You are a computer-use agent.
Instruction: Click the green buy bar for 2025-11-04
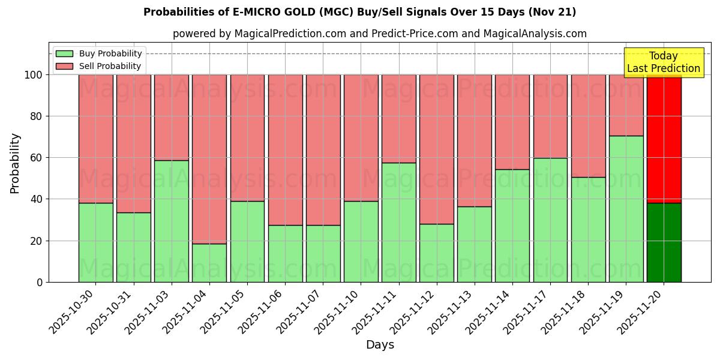coord(209,263)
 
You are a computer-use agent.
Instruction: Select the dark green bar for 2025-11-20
coord(664,242)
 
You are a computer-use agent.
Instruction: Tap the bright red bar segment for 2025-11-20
coord(664,139)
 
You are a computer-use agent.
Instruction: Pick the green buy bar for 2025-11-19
coord(626,209)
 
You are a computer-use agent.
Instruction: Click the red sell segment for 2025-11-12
coord(437,149)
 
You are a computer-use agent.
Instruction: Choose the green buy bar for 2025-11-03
coord(172,221)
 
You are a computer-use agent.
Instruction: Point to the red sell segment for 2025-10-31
coord(134,143)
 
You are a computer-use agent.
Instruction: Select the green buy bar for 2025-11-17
coord(550,220)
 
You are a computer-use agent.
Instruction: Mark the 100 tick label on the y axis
coord(33,75)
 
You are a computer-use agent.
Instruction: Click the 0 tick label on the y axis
coord(40,282)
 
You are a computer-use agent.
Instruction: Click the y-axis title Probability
coord(15,163)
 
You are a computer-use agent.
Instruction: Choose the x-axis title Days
coord(380,345)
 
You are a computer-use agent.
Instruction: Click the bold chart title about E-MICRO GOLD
coord(359,12)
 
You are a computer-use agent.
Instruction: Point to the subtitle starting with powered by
coord(380,34)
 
